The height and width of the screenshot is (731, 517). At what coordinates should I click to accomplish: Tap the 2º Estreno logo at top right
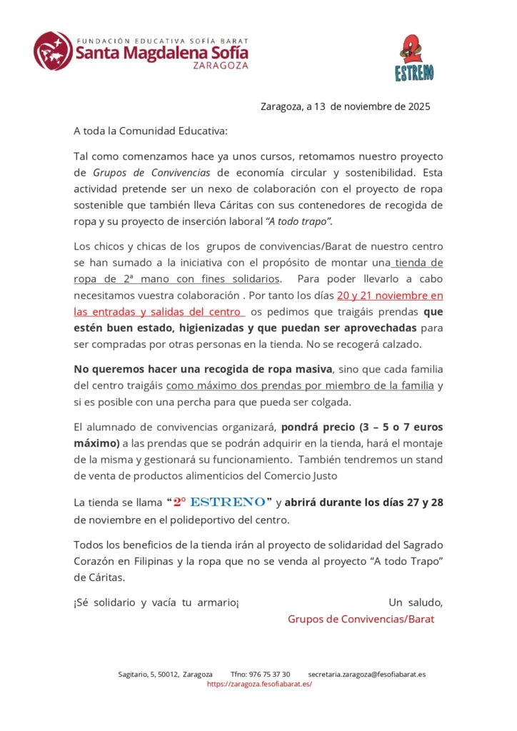tap(414, 59)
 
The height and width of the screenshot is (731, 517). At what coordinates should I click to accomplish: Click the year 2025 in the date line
tap(418, 107)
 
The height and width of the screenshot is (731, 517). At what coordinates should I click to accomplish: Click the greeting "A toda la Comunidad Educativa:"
tap(151, 131)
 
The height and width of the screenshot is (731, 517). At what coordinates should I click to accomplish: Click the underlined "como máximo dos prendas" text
tap(235, 385)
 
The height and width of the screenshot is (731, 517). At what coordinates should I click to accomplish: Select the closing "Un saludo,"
tap(416, 602)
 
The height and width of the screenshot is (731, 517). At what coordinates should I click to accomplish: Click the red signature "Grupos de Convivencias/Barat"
tap(361, 618)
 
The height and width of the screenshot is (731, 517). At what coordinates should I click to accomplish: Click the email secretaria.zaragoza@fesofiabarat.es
tap(367, 674)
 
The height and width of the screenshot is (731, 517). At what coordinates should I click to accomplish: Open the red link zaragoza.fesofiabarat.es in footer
tap(259, 683)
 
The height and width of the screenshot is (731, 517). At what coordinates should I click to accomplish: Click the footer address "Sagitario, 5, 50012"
tap(149, 674)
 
